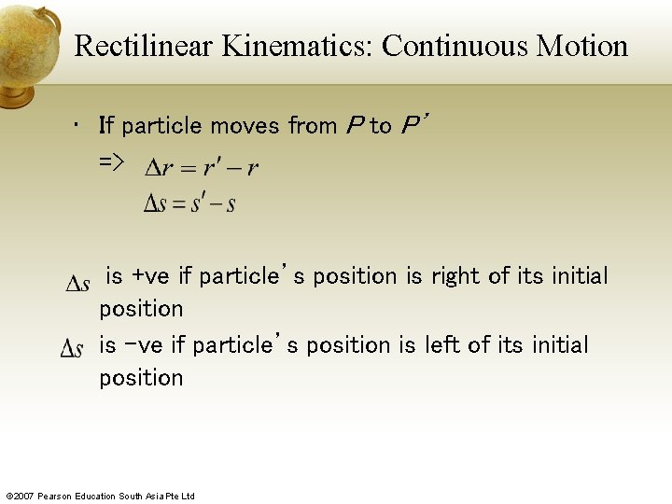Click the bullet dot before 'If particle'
77,125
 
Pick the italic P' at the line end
412,125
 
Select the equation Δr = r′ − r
202,168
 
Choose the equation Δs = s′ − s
189,203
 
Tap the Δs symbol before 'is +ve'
78,283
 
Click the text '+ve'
151,276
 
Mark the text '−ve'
143,345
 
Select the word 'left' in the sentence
441,345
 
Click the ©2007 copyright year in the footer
21,496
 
